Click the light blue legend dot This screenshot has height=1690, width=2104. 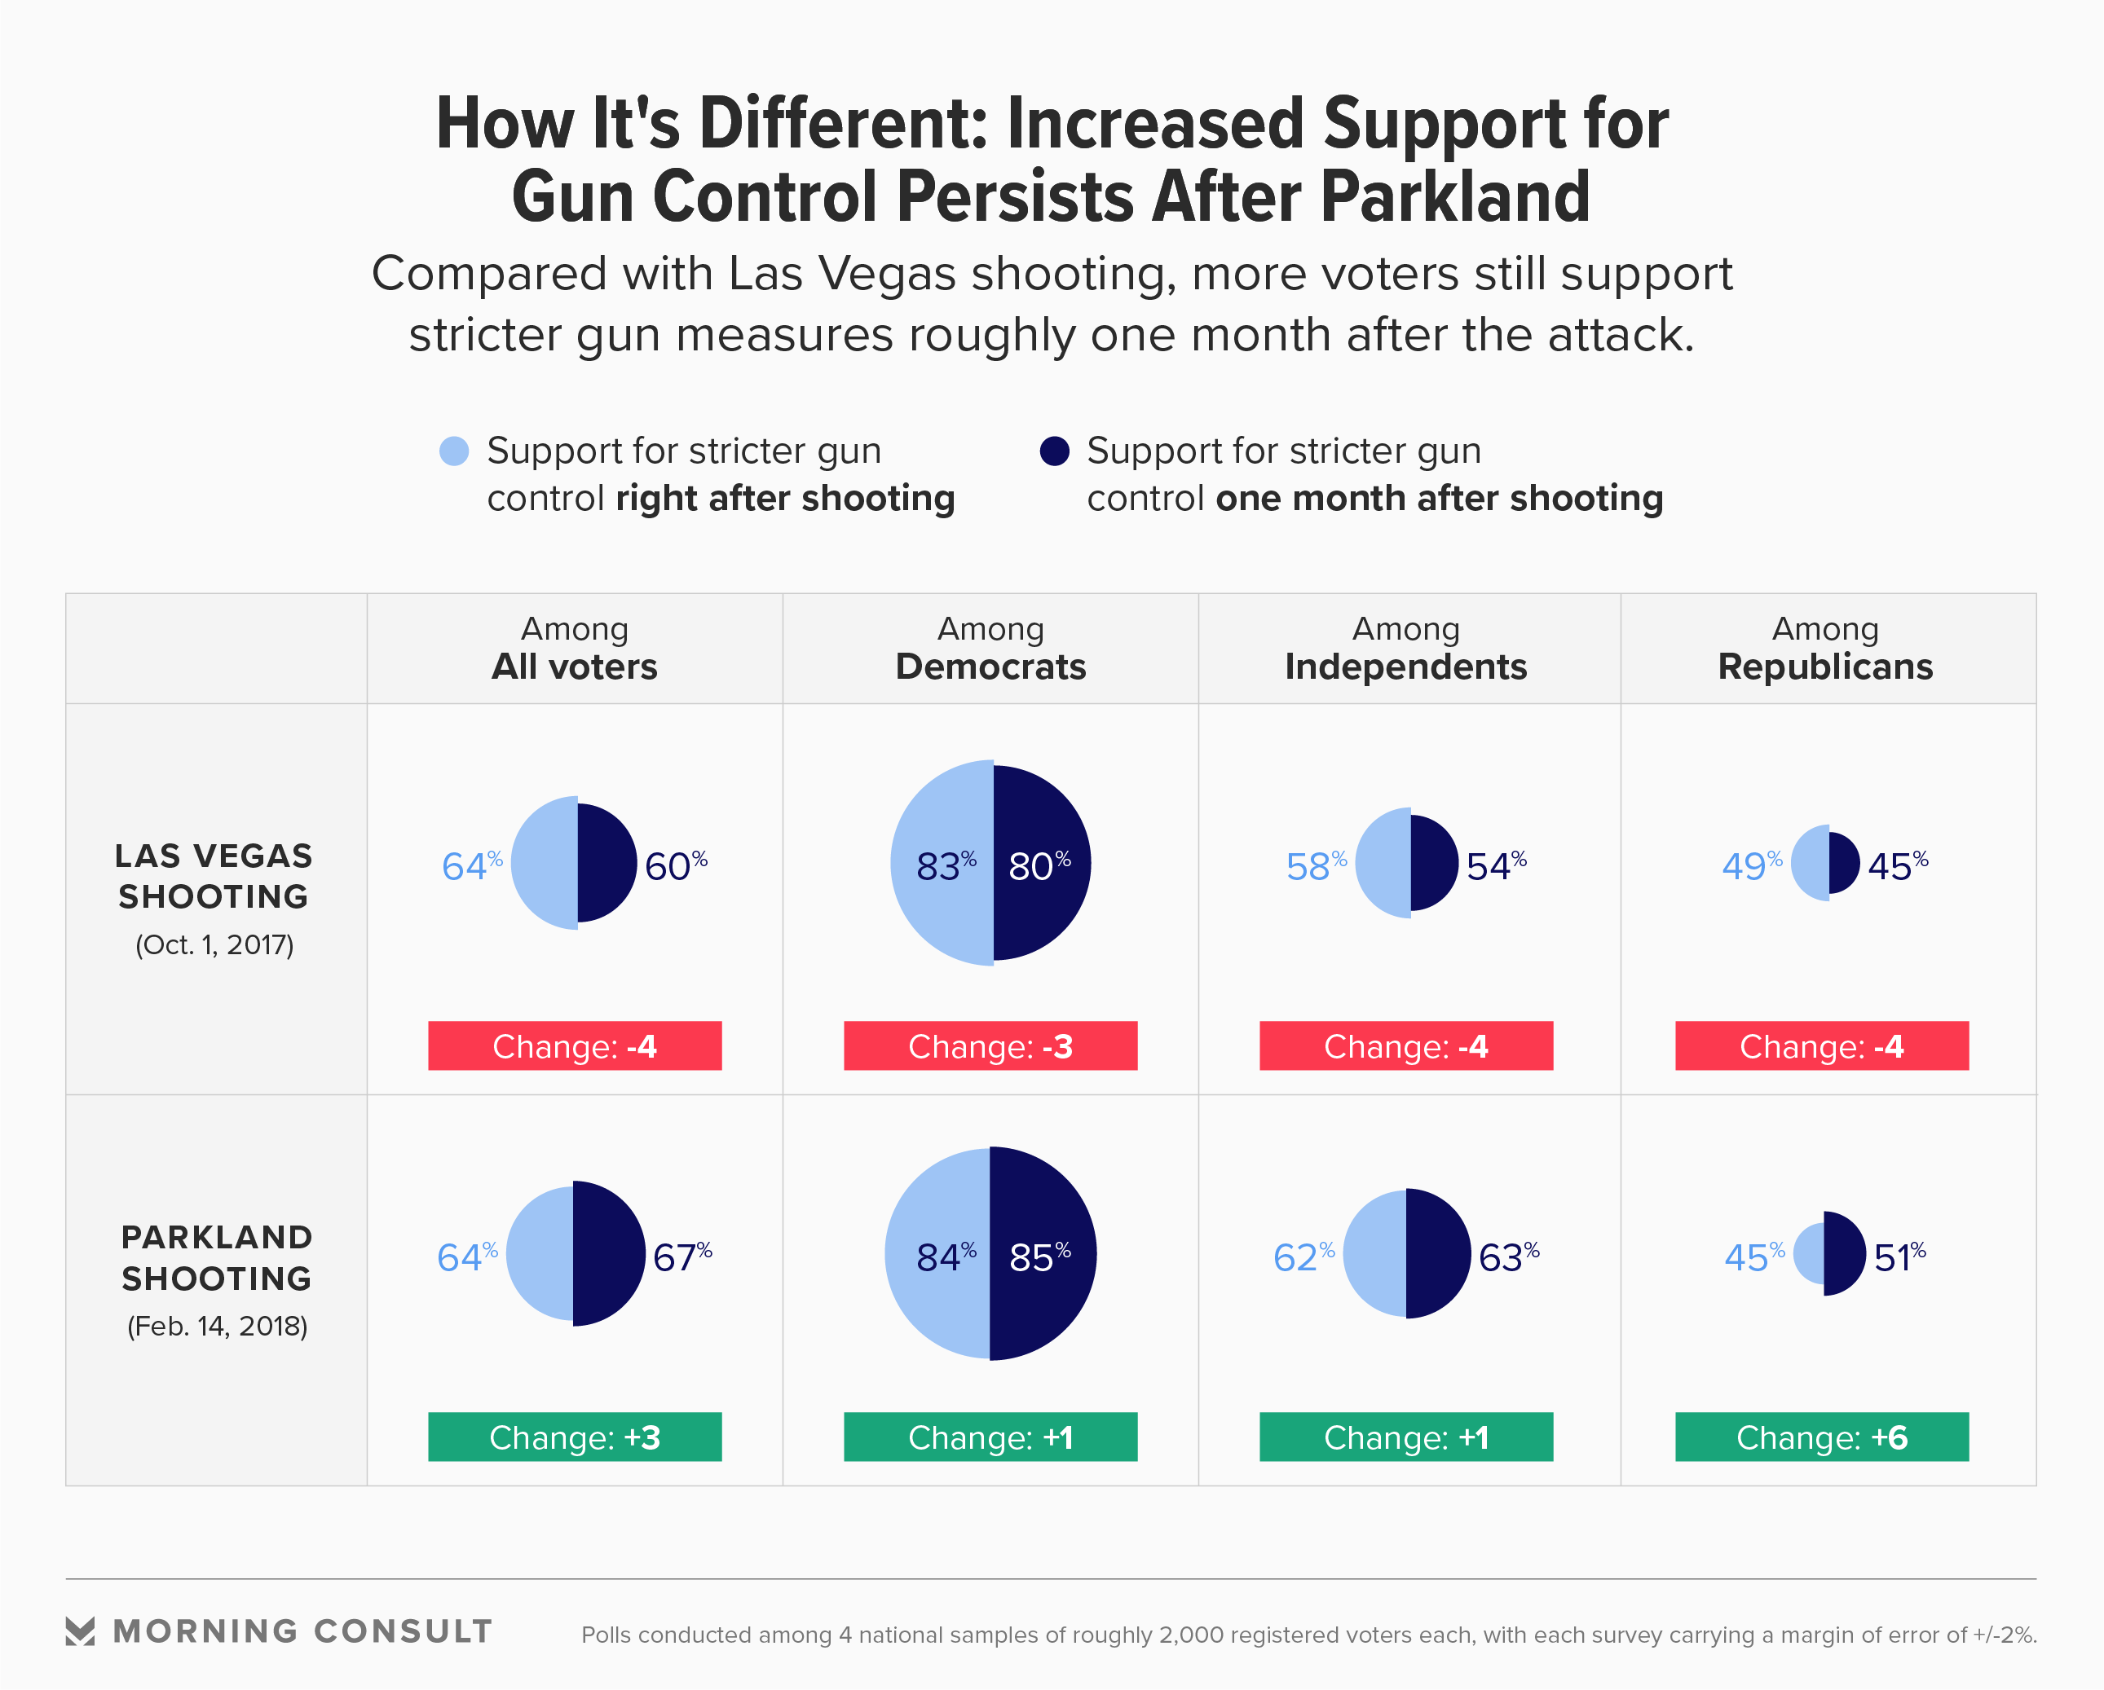point(454,451)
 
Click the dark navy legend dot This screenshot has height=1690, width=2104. point(1054,451)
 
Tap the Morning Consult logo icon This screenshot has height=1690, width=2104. point(80,1631)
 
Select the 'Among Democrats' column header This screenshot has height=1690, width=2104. point(990,649)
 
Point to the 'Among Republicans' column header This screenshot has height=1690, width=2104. point(1825,649)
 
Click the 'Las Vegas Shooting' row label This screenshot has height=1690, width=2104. point(214,876)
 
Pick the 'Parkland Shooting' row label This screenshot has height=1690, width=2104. point(217,1258)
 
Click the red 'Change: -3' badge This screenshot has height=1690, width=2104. point(990,1046)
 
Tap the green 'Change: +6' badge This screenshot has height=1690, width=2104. point(1822,1437)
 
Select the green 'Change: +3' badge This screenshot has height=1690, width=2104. point(575,1437)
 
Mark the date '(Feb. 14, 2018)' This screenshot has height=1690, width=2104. point(217,1326)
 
